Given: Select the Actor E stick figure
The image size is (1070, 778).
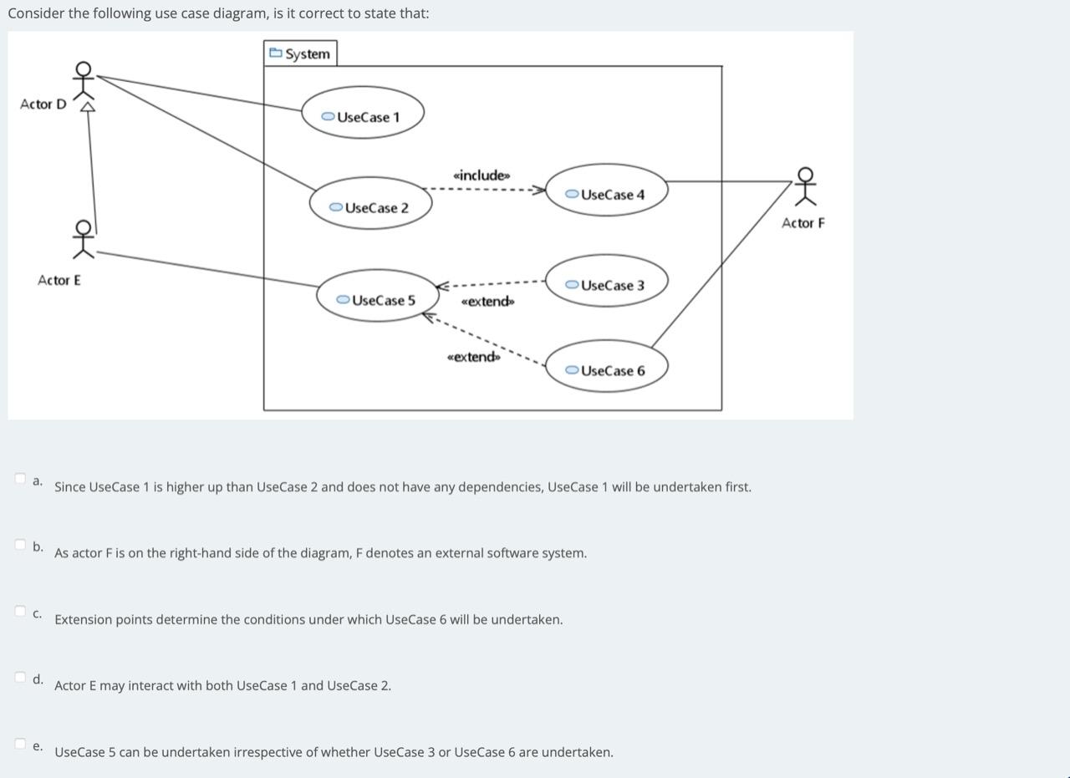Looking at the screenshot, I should pyautogui.click(x=83, y=237).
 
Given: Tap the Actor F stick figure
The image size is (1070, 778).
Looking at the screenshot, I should pyautogui.click(x=805, y=186).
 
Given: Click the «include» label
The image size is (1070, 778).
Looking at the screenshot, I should pyautogui.click(x=481, y=175).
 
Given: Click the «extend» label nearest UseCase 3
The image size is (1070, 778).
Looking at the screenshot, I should pyautogui.click(x=488, y=302).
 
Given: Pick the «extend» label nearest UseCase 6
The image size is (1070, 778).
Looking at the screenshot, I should pyautogui.click(x=474, y=358).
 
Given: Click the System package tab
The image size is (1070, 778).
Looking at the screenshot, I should pyautogui.click(x=300, y=53).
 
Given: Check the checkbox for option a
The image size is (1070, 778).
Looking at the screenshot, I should pyautogui.click(x=20, y=478).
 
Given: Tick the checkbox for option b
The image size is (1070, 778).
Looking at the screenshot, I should pyautogui.click(x=20, y=545).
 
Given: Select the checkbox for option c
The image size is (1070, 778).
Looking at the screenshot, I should pyautogui.click(x=20, y=611).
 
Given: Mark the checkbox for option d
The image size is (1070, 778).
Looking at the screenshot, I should pyautogui.click(x=20, y=677).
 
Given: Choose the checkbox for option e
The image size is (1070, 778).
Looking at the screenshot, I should pyautogui.click(x=20, y=743).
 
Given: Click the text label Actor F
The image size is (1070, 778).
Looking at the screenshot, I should pyautogui.click(x=802, y=223).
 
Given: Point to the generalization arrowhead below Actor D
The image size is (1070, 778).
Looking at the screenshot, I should pyautogui.click(x=86, y=106).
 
